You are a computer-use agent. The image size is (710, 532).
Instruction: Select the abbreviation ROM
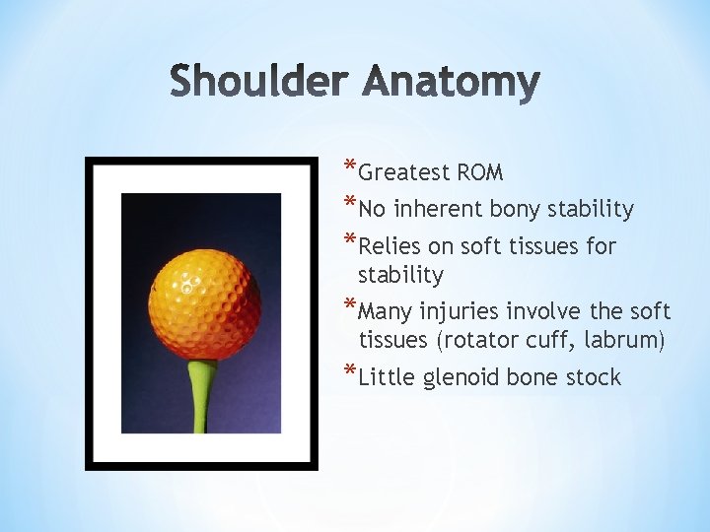(480, 173)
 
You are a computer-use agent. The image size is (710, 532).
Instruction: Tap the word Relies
(390, 246)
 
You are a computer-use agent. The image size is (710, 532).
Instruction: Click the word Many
(387, 313)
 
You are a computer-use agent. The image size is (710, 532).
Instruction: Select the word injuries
(460, 312)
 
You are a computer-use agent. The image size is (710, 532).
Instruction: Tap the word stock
(593, 377)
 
